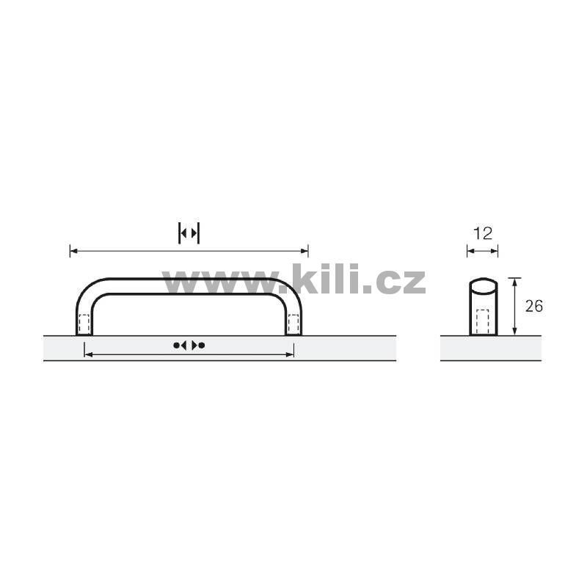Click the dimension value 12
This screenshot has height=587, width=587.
coord(483,234)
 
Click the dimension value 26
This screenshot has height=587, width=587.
coord(534,306)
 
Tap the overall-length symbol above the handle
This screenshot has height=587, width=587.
coord(189,233)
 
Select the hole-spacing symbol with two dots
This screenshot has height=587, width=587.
coord(189,345)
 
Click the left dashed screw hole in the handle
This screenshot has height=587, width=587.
coord(84,324)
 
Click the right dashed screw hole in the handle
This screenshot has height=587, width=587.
coord(293,324)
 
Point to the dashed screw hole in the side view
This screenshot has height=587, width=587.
coord(483,321)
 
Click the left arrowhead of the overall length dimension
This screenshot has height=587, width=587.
coord(74,251)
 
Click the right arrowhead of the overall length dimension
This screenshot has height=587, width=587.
coord(305,251)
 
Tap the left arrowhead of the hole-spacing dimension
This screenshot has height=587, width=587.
coord(89,354)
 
